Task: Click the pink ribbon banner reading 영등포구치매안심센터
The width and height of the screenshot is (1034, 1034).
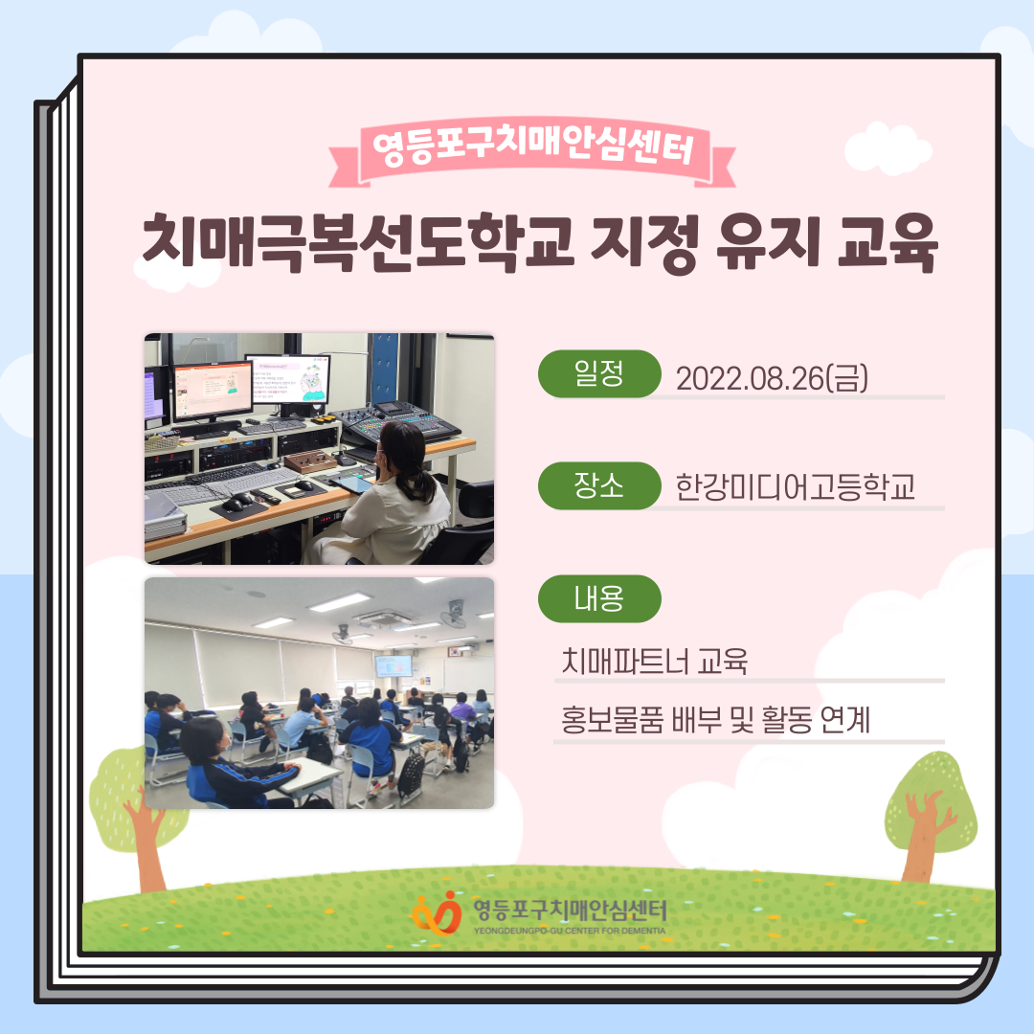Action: (532, 151)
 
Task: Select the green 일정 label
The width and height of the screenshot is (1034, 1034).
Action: (599, 374)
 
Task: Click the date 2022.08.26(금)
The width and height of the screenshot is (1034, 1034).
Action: (772, 378)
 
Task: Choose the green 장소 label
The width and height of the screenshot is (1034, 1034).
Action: (599, 486)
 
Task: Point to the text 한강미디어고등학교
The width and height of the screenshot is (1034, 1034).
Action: (796, 487)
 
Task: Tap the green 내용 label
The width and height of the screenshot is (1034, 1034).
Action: (599, 598)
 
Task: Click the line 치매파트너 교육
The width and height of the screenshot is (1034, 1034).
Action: (654, 661)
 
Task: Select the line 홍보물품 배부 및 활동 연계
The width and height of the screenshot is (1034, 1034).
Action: (715, 719)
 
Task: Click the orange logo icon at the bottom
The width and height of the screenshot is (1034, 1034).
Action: (437, 913)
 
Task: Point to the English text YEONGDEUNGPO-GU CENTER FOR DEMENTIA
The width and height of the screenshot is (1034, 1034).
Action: (570, 932)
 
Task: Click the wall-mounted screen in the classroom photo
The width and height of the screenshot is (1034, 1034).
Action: (393, 665)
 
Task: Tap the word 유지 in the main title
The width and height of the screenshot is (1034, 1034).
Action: (769, 242)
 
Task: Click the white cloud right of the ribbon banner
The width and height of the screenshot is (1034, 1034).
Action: (888, 148)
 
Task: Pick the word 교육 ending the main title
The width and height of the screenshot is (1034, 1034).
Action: (887, 242)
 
